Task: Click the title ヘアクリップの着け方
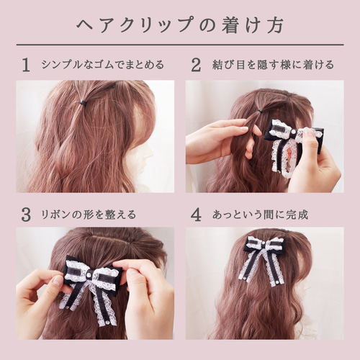180,23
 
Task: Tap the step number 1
26,65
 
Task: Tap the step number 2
196,65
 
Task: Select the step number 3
26,215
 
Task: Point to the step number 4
196,215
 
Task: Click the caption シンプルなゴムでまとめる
102,65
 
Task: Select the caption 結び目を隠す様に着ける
272,65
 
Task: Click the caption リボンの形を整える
89,215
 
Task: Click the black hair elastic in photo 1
84,103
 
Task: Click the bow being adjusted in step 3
92,284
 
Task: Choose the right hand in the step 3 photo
148,295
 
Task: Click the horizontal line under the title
180,45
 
